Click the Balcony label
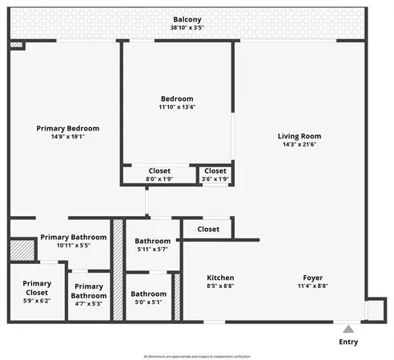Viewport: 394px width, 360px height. [186, 19]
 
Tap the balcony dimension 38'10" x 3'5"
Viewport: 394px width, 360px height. [186, 28]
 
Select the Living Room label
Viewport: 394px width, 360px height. [299, 136]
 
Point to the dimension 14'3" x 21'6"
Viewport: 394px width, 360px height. [299, 145]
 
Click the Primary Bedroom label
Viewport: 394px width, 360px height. [67, 128]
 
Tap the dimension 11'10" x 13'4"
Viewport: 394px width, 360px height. [176, 107]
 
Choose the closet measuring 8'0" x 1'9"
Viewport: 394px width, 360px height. [160, 174]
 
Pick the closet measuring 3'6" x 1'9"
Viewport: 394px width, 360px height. [215, 174]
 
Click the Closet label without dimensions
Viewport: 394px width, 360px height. [208, 230]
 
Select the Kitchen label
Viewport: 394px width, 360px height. [220, 278]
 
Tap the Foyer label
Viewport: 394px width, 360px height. [312, 278]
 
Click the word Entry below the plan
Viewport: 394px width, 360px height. [348, 342]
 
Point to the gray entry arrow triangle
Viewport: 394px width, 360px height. [348, 328]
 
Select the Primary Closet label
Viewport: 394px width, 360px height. [37, 288]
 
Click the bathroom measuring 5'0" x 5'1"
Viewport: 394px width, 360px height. [149, 298]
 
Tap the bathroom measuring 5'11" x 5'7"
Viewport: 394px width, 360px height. [152, 245]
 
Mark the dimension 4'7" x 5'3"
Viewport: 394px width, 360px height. [90, 303]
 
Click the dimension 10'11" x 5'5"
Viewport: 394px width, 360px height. [74, 246]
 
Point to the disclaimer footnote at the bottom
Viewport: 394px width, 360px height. [197, 355]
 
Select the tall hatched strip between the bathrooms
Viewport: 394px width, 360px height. [118, 270]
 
